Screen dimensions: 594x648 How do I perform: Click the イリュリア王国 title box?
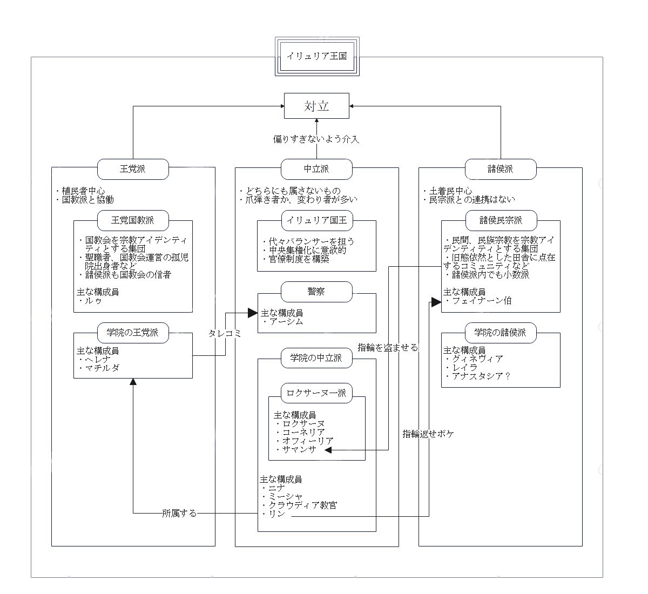pos(317,56)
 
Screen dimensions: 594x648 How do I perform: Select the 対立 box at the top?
pos(317,106)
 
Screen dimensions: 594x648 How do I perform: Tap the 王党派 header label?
pos(133,169)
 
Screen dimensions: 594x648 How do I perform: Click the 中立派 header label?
pos(316,169)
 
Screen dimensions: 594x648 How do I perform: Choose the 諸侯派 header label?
pos(501,169)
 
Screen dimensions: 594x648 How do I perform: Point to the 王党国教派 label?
pos(133,220)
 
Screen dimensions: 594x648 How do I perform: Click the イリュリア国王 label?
pos(316,220)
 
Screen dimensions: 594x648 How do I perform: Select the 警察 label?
pos(316,292)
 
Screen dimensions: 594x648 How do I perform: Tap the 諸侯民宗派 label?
pos(501,220)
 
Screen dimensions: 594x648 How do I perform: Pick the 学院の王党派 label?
pos(133,333)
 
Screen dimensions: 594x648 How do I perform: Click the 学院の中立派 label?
pos(316,358)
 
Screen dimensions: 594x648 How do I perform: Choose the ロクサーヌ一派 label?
pos(316,393)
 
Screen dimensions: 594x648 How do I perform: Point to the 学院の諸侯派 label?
pos(501,333)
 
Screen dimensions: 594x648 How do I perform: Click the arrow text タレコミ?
pos(225,334)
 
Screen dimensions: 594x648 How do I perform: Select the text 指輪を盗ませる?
pos(388,348)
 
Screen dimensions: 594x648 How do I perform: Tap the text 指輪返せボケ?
pos(428,434)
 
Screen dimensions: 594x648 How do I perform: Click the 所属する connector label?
pos(179,513)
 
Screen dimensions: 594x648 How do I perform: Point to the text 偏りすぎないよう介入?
pos(316,139)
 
